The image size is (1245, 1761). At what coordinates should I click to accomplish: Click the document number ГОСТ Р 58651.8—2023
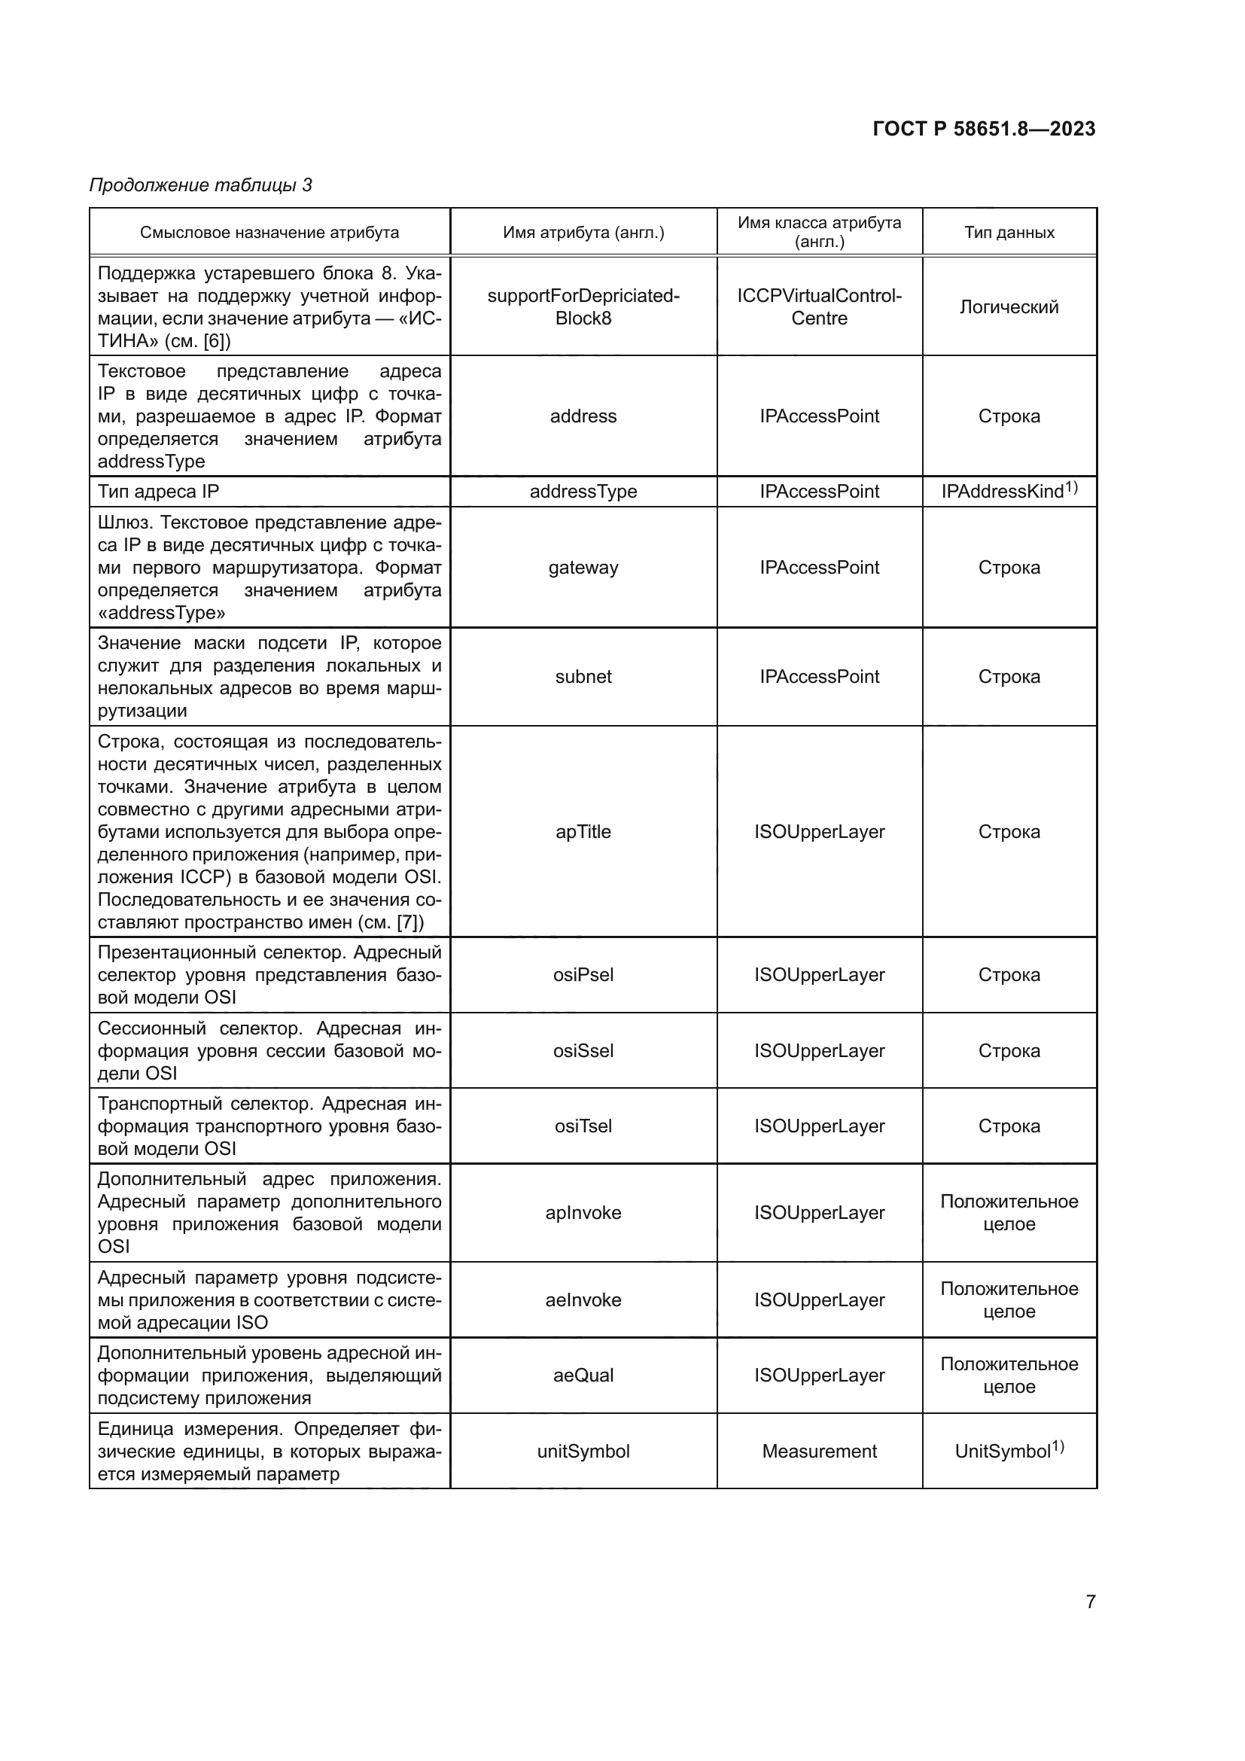[x=984, y=129]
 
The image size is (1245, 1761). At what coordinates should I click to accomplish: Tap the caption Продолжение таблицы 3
[x=201, y=185]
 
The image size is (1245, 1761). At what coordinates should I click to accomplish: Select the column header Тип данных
[x=1009, y=233]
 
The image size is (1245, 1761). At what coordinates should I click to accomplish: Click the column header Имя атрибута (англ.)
[x=583, y=233]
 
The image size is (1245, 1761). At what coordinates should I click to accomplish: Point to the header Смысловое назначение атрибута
[x=269, y=233]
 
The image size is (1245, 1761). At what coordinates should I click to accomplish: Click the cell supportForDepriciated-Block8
[x=583, y=306]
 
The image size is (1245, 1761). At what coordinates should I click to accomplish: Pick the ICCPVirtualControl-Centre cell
[x=819, y=306]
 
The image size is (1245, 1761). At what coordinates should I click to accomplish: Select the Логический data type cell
[x=1009, y=306]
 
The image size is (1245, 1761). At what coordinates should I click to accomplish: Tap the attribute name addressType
[x=583, y=492]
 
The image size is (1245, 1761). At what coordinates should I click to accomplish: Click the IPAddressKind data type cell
[x=1009, y=491]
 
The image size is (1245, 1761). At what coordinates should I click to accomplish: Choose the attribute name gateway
[x=583, y=568]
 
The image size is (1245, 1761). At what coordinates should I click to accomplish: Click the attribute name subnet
[x=583, y=677]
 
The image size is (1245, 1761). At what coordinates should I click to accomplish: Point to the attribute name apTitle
[x=583, y=832]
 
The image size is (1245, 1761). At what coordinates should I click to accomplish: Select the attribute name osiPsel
[x=583, y=975]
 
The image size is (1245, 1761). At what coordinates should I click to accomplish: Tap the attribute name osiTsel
[x=583, y=1126]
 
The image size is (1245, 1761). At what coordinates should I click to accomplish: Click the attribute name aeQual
[x=583, y=1376]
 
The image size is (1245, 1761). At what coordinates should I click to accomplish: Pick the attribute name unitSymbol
[x=583, y=1451]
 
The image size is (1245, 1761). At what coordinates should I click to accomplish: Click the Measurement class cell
[x=819, y=1451]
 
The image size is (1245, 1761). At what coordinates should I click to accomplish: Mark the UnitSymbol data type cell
[x=1009, y=1450]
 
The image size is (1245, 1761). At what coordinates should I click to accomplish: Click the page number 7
[x=1090, y=1601]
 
